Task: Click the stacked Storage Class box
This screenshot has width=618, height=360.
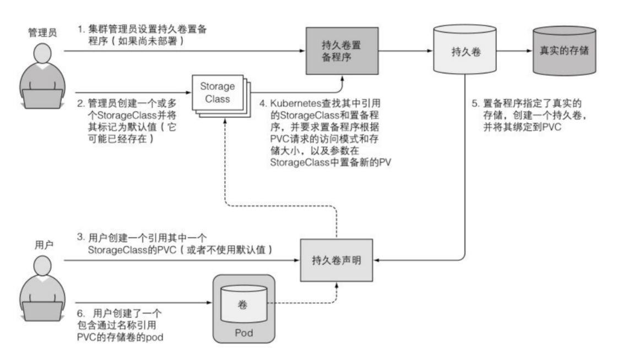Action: tap(219, 94)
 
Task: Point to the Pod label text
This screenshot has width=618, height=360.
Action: tap(242, 332)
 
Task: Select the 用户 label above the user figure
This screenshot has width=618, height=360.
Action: tap(40, 245)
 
